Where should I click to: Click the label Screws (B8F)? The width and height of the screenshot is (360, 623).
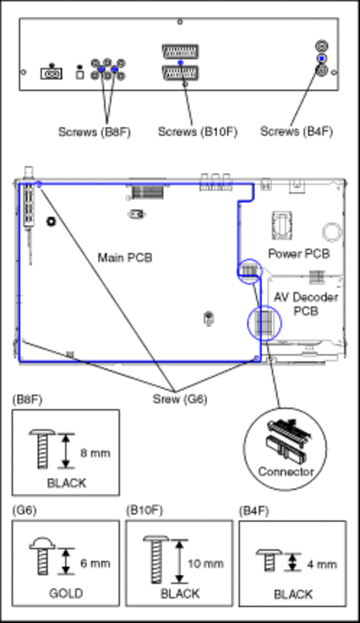coord(94,131)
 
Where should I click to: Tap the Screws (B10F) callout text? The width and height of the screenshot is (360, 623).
coord(197,131)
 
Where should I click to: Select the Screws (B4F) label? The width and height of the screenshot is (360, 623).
coord(296,131)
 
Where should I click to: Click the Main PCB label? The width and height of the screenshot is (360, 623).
coord(125,257)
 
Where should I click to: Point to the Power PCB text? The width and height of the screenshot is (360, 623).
coord(299,254)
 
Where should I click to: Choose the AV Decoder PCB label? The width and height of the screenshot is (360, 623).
coord(306,304)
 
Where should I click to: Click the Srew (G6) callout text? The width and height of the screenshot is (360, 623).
coord(180,399)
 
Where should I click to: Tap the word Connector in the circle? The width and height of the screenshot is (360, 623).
coord(285,471)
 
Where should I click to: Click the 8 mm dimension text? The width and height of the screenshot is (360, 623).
coord(95,453)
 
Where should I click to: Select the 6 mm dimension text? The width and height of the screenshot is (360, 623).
coord(95,563)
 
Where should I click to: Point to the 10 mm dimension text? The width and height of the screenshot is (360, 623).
coord(205,564)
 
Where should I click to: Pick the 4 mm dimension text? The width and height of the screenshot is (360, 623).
coord(322,564)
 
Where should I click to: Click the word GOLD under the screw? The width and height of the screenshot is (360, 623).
coord(66,593)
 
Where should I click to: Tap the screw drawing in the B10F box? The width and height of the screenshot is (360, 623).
coord(156,559)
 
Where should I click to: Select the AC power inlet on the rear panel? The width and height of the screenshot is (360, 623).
coord(51,74)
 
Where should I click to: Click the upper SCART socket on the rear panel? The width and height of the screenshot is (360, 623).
coord(180,51)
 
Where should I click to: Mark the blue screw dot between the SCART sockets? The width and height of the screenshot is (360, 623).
coord(180,63)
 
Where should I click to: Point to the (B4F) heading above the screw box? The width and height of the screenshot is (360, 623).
coord(254,511)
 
